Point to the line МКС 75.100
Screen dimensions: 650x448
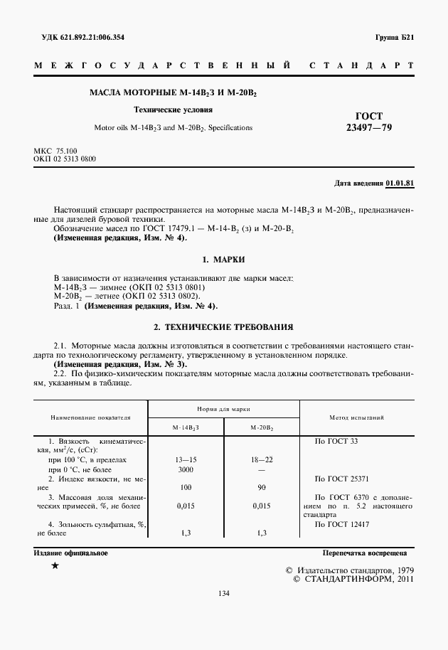[55, 151]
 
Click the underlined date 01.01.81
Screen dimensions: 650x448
[400, 183]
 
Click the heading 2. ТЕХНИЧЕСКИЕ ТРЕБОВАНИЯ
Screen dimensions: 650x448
[223, 328]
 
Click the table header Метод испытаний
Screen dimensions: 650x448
[357, 417]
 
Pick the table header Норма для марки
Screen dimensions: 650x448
[223, 410]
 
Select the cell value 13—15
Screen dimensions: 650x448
[186, 460]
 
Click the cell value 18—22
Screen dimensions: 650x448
[262, 460]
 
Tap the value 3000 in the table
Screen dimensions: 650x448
[186, 470]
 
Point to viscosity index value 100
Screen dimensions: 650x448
[186, 488]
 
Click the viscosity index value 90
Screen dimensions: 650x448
[262, 488]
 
